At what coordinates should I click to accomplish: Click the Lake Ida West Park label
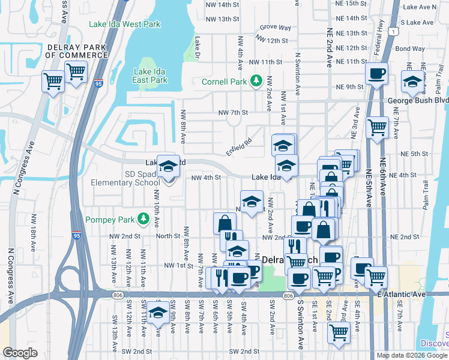[125, 25]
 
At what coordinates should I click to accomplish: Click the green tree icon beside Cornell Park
[256, 80]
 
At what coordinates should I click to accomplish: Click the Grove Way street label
[276, 28]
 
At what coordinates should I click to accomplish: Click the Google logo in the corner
[20, 353]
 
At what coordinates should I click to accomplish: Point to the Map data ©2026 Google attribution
[412, 355]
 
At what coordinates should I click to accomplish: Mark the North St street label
[169, 236]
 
